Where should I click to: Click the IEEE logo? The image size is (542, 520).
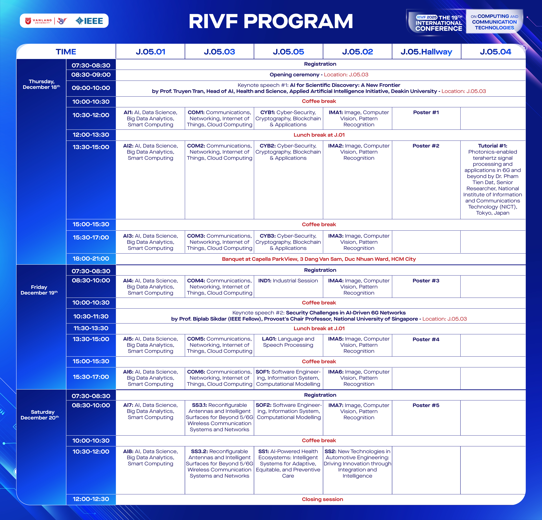(89, 21)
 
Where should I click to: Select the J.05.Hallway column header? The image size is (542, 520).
(426, 52)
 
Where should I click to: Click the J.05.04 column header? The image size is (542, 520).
(495, 52)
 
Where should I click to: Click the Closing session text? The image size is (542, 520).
(322, 499)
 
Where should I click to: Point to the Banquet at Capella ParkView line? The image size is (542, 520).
(319, 259)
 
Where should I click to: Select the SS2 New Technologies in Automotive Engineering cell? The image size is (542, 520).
(357, 464)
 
